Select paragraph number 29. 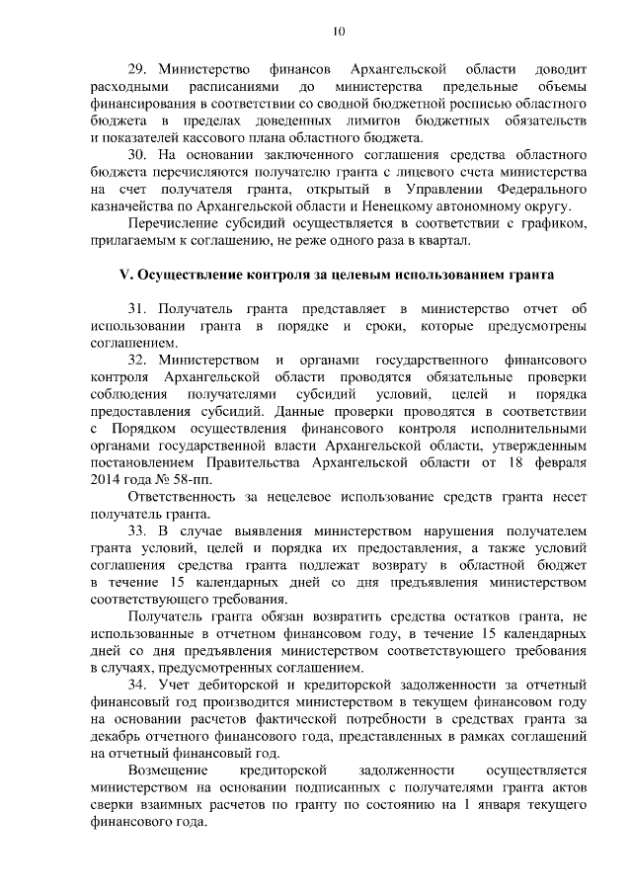[x=139, y=71]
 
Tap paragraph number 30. [x=139, y=156]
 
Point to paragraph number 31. [x=139, y=309]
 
